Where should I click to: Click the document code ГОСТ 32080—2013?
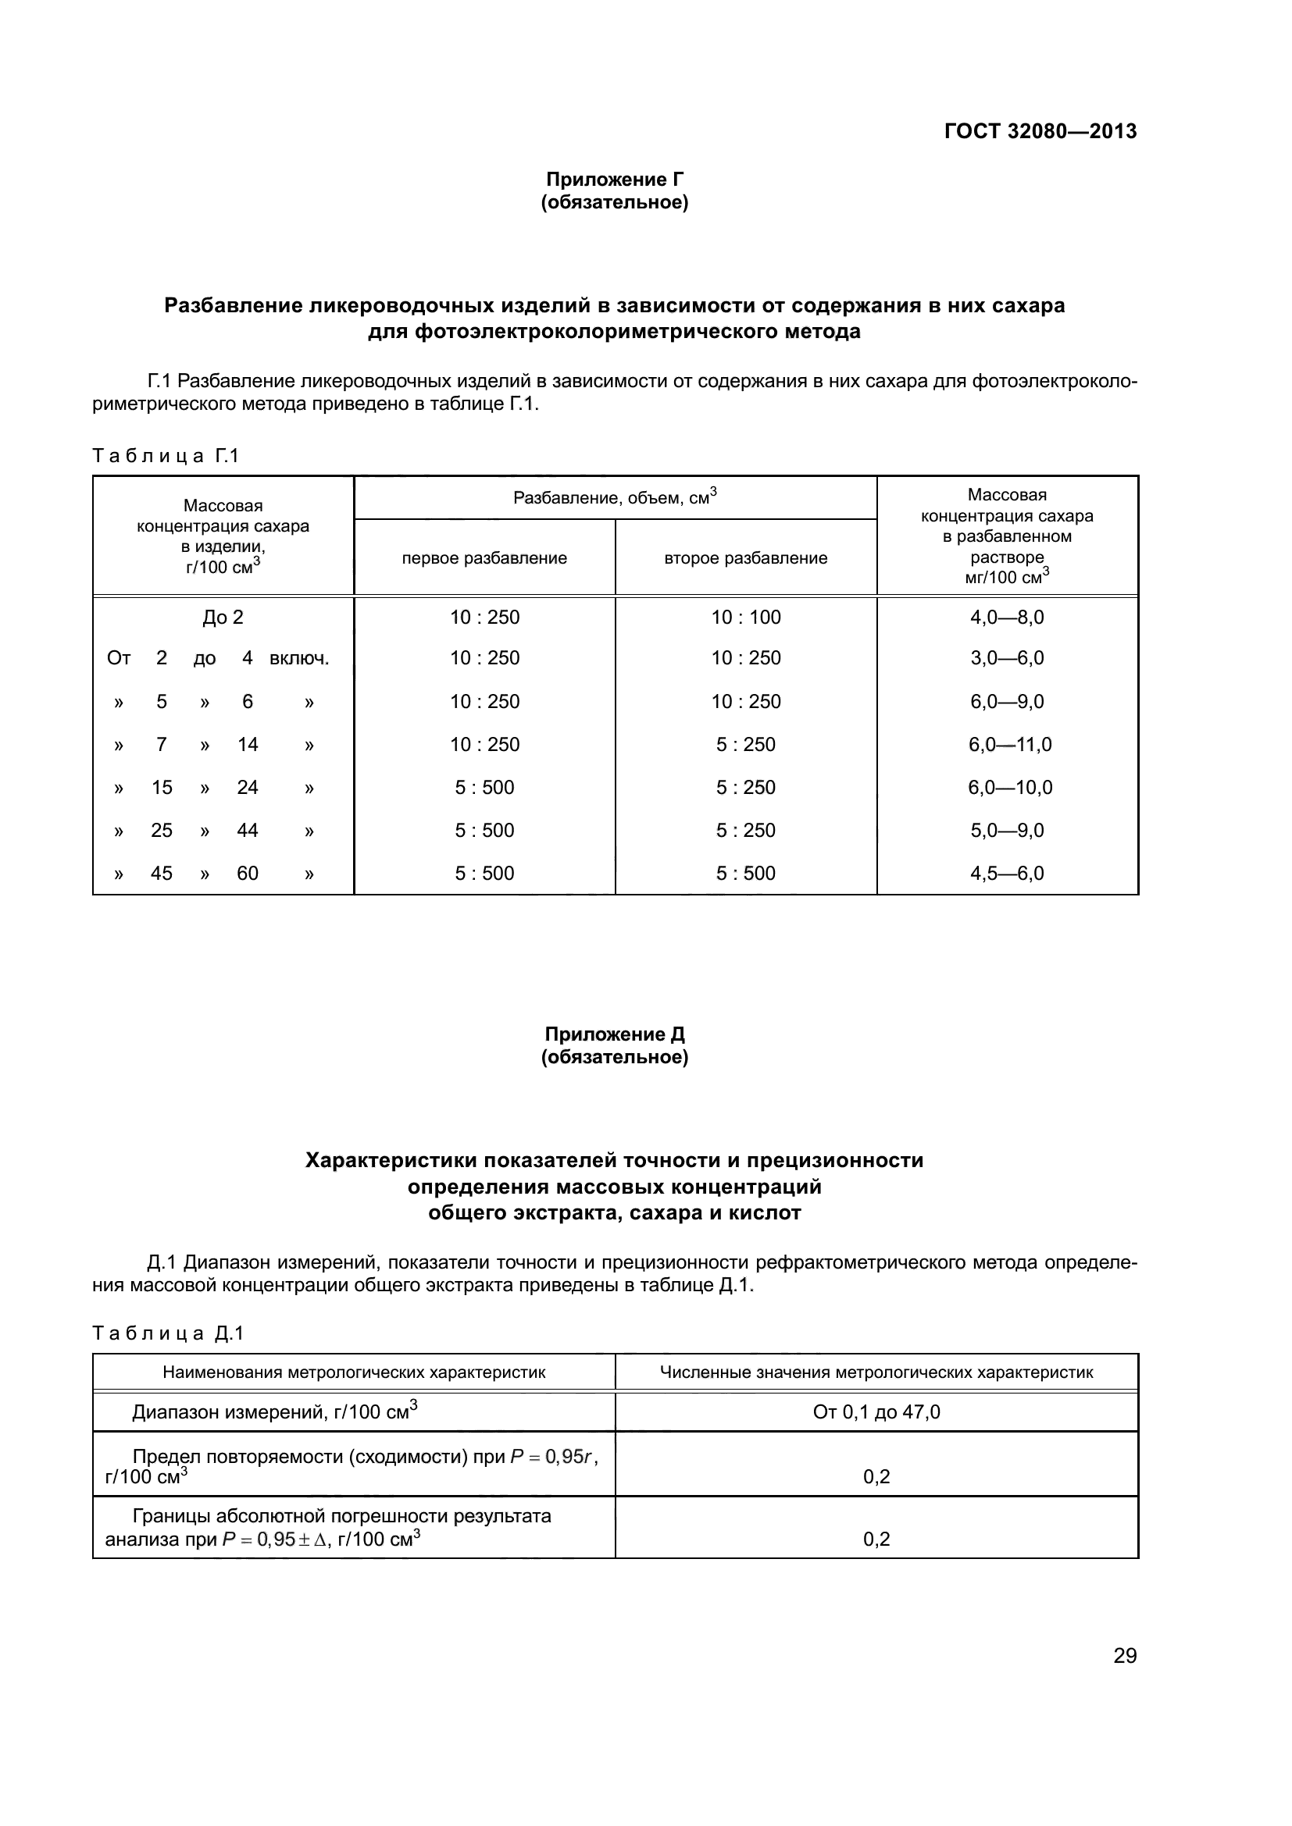tap(1040, 131)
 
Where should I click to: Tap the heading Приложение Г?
tap(614, 180)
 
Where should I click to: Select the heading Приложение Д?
tap(614, 1034)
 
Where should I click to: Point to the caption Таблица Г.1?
tap(166, 456)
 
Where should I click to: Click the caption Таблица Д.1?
tap(167, 1333)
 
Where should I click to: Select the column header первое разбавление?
tap(484, 558)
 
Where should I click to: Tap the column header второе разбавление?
tap(745, 558)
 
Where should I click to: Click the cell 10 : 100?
tap(745, 618)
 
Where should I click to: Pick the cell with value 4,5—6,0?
tap(1006, 874)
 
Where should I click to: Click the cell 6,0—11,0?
tap(1009, 745)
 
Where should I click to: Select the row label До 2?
tap(223, 618)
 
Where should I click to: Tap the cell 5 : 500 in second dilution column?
tap(745, 874)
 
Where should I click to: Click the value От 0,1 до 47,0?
tap(876, 1412)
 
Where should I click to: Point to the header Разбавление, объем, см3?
tap(614, 498)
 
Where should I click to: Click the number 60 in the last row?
tap(248, 874)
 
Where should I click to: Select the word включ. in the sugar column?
tap(299, 659)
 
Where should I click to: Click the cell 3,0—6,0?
tap(1006, 659)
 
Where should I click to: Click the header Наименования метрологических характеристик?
tap(354, 1372)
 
